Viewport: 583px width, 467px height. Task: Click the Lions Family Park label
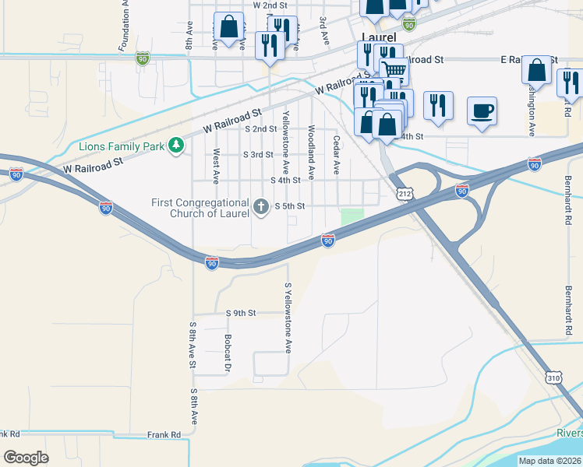(x=123, y=146)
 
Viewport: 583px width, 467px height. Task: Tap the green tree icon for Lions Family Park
(x=177, y=145)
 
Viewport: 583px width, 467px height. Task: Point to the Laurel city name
(x=378, y=37)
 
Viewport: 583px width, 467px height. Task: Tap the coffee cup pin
(x=481, y=110)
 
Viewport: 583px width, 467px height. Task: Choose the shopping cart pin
(x=394, y=71)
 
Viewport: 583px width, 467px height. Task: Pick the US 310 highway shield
(x=553, y=377)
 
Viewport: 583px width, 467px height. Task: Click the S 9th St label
(x=241, y=313)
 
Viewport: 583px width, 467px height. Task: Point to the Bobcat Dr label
(x=228, y=352)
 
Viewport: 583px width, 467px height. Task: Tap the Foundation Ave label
(x=123, y=27)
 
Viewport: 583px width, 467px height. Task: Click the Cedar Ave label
(x=337, y=155)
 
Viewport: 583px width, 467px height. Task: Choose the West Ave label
(x=216, y=166)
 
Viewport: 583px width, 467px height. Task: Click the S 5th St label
(x=288, y=206)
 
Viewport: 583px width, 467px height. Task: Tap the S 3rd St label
(x=258, y=154)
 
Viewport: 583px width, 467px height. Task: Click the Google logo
(x=26, y=457)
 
